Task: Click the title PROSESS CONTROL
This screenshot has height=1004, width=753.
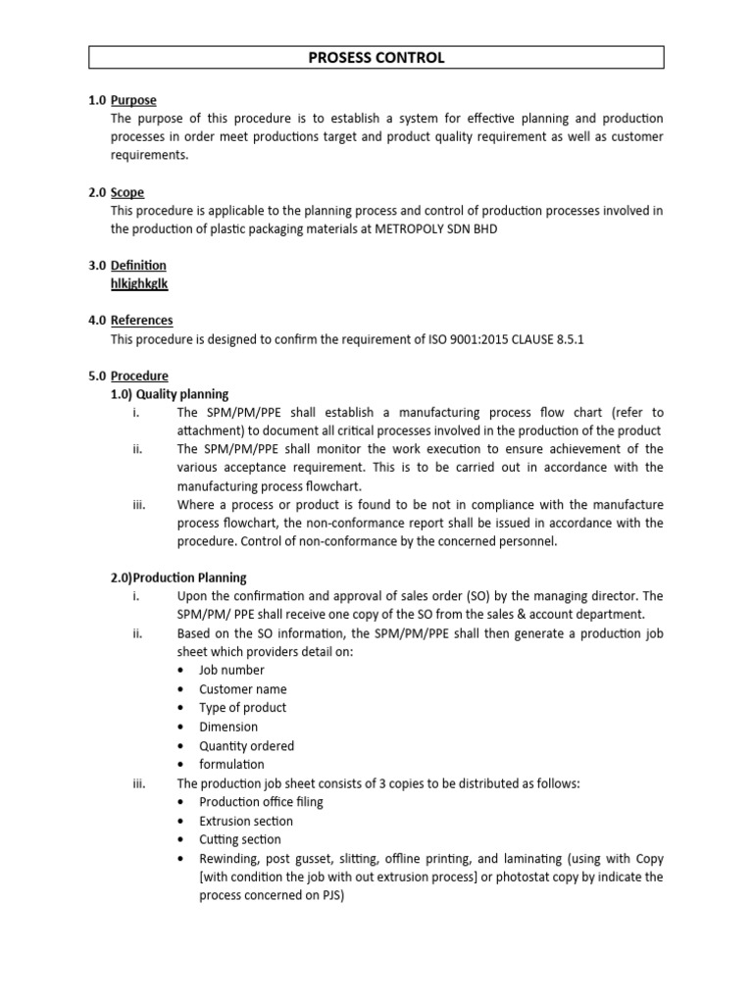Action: pyautogui.click(x=376, y=58)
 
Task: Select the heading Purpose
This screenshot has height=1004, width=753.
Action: pyautogui.click(x=133, y=100)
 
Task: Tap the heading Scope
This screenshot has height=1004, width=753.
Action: pyautogui.click(x=127, y=193)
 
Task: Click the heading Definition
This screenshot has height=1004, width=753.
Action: pyautogui.click(x=138, y=266)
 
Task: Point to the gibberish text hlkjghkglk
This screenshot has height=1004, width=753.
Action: pyautogui.click(x=140, y=284)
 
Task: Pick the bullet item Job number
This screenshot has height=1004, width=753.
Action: pyautogui.click(x=231, y=671)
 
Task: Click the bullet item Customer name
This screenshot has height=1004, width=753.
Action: pyautogui.click(x=243, y=689)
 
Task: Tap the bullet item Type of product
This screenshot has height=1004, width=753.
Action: pyautogui.click(x=243, y=708)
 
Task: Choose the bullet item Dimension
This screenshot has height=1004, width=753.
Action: pyautogui.click(x=228, y=727)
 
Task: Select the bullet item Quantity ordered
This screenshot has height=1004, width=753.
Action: pyautogui.click(x=246, y=745)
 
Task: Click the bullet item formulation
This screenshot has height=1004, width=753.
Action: pyautogui.click(x=231, y=764)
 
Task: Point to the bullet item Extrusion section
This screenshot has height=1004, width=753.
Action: pyautogui.click(x=246, y=821)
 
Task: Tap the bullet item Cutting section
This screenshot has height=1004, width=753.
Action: pyautogui.click(x=240, y=839)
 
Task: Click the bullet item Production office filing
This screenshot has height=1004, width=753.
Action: pyautogui.click(x=261, y=802)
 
